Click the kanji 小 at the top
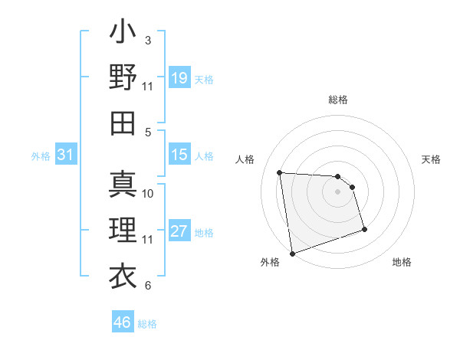(123, 34)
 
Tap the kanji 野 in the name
(123, 77)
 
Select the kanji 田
(123, 122)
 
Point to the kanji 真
(123, 185)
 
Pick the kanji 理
(123, 230)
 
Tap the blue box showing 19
(179, 78)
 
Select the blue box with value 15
(179, 155)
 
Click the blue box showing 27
(179, 231)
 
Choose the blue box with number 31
(65, 155)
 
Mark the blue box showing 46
(122, 322)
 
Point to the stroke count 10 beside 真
(148, 193)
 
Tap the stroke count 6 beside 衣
(147, 286)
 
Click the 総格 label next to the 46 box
(147, 324)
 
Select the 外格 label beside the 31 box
(41, 156)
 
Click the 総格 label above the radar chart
(338, 100)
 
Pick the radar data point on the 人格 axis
(280, 172)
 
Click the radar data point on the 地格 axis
(364, 229)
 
